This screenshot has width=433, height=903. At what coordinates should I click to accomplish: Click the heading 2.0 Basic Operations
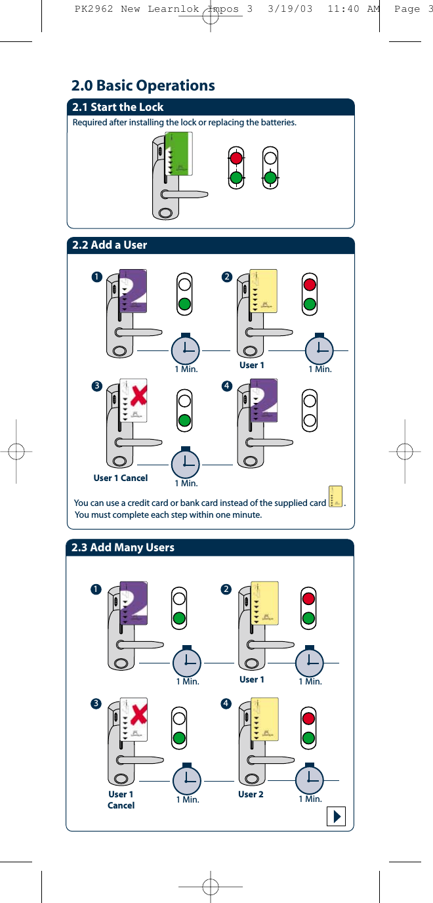143,85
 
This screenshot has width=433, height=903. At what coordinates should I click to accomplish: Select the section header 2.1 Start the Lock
118,107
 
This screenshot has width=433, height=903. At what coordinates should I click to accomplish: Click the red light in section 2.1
236,158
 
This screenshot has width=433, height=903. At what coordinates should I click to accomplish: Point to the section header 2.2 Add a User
110,245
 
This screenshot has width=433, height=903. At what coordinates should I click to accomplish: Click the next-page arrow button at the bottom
336,817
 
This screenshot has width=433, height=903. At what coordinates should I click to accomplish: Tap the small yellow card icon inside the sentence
335,497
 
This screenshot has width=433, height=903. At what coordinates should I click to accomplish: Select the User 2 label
251,794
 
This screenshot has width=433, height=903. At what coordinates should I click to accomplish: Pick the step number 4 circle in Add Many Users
226,703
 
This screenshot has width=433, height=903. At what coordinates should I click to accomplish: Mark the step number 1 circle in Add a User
97,277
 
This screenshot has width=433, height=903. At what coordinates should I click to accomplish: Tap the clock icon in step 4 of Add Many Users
309,779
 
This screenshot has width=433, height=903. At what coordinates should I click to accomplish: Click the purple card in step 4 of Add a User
266,400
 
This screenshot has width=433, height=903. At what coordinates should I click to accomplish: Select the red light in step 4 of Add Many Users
309,716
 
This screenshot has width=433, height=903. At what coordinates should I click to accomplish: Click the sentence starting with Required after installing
184,123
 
